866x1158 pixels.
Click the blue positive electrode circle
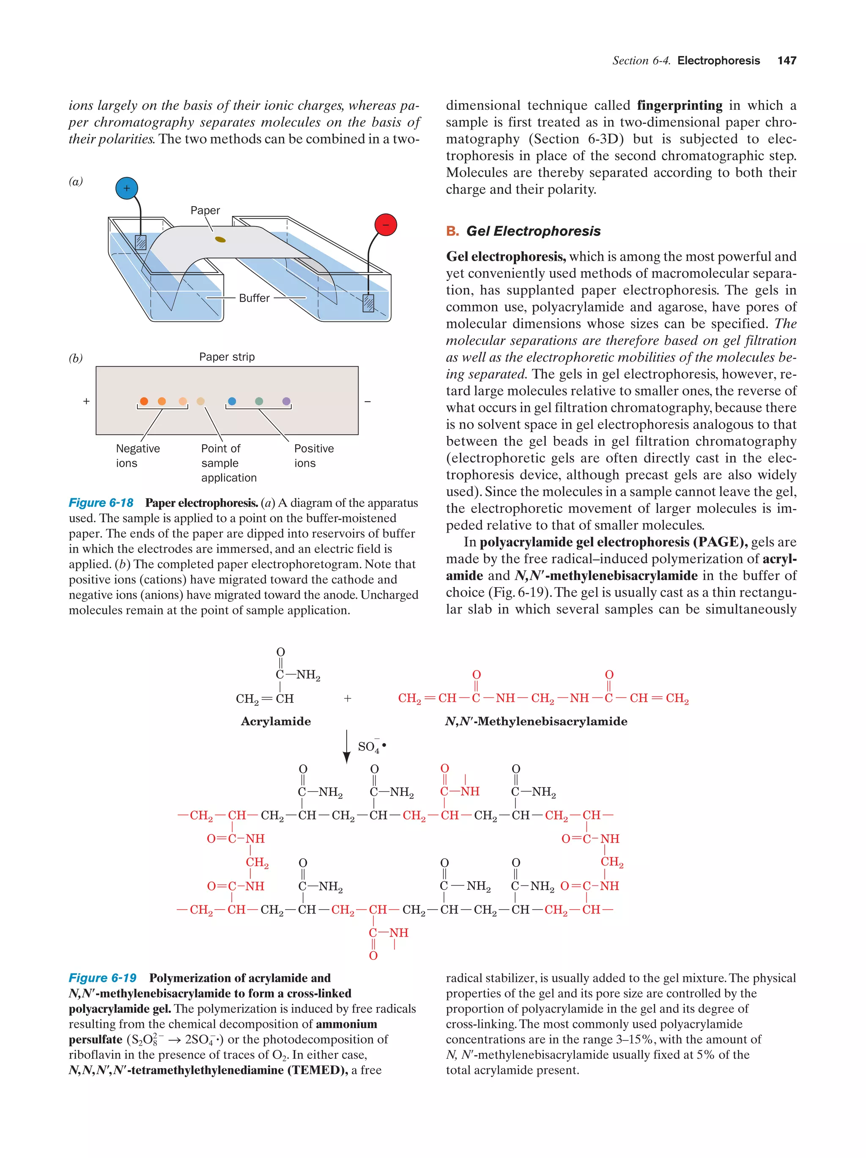(126, 188)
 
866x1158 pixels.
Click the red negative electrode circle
(386, 225)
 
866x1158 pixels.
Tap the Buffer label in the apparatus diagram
(254, 298)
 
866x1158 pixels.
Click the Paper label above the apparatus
(205, 210)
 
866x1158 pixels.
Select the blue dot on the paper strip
(232, 401)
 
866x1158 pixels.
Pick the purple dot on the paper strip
(286, 401)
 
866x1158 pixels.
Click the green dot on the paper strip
(259, 401)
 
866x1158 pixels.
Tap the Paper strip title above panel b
(227, 357)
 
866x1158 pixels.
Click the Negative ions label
(137, 455)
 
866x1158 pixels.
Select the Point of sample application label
(228, 463)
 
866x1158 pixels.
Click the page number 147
(787, 60)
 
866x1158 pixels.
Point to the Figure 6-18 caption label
(101, 503)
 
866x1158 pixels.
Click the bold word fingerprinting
(680, 105)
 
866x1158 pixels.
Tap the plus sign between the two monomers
(347, 698)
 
